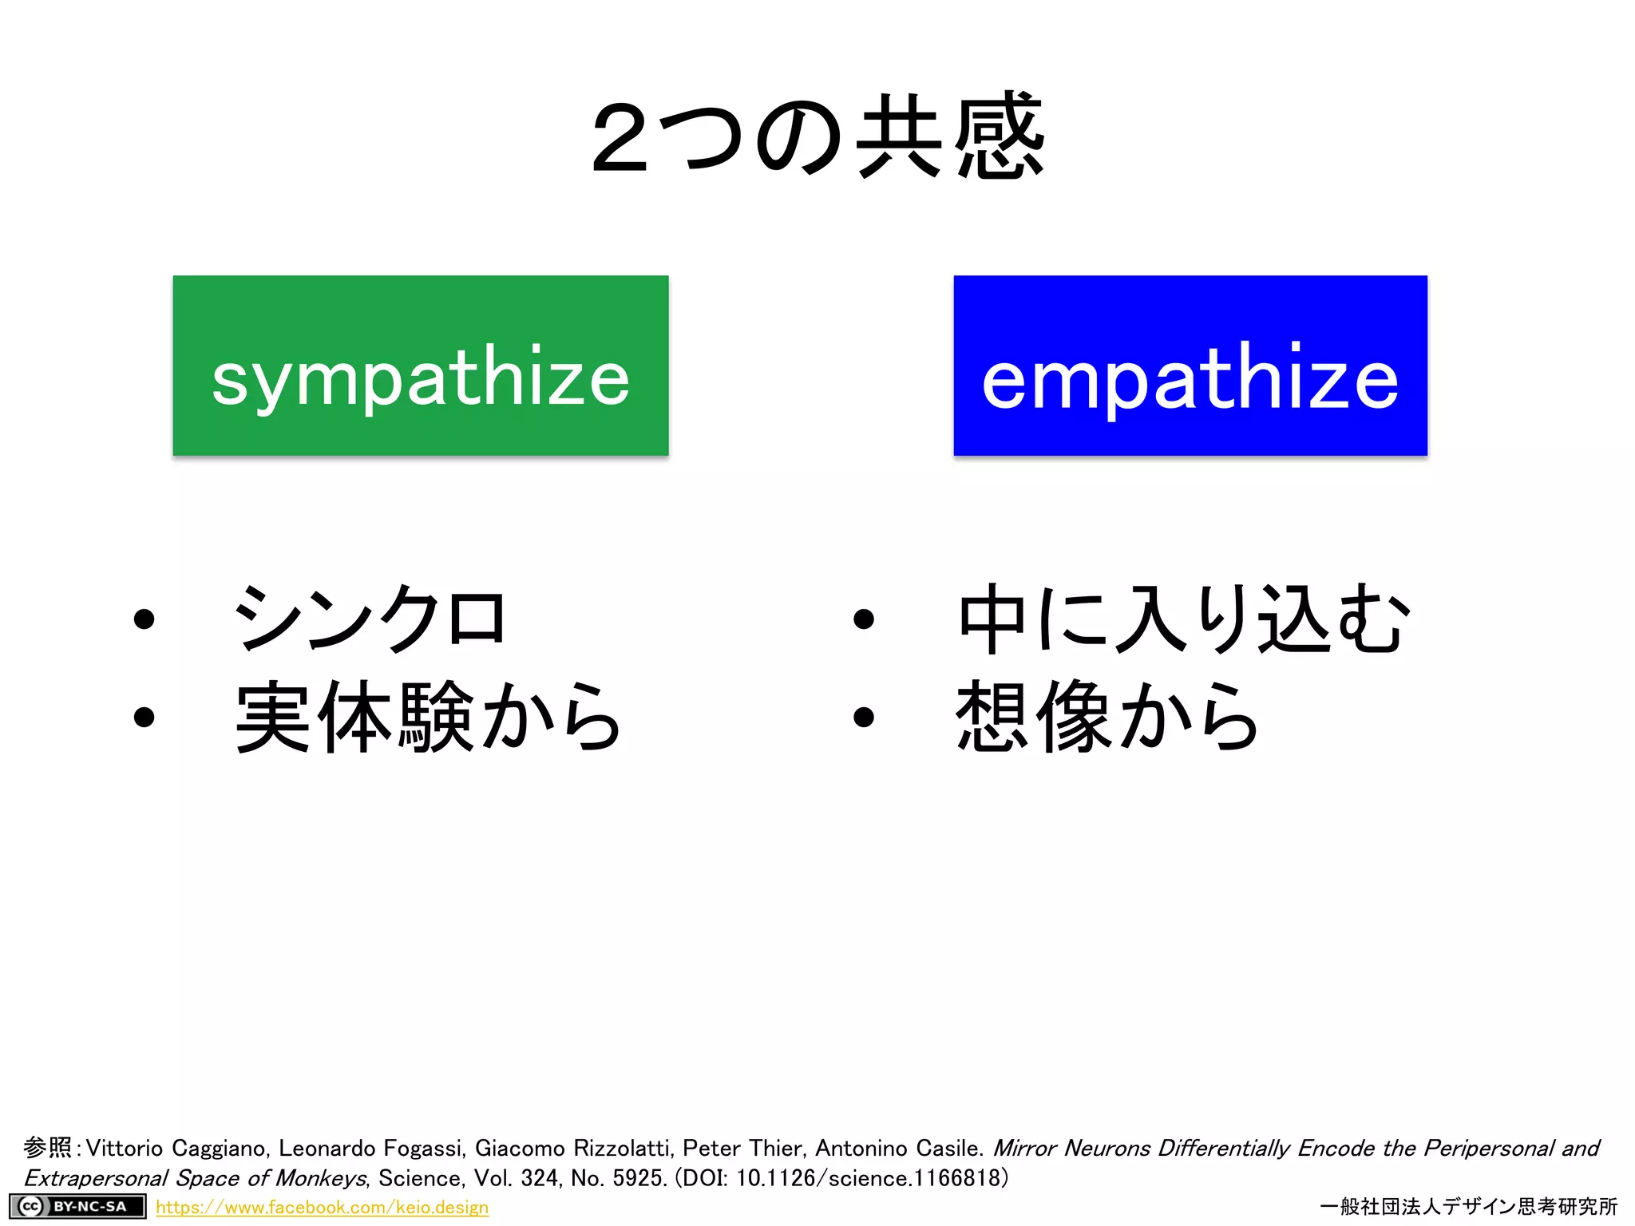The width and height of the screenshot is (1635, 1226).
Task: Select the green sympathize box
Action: pyautogui.click(x=421, y=366)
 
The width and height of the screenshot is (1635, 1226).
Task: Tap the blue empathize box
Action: pyautogui.click(x=1190, y=366)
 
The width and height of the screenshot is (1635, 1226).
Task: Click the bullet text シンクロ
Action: pyautogui.click(x=369, y=618)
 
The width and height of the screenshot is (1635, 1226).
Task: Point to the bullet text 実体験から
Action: pyautogui.click(x=428, y=717)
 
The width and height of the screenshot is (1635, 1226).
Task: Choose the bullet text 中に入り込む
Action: pyautogui.click(x=1183, y=618)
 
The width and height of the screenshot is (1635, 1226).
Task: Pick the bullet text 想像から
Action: pyautogui.click(x=1106, y=717)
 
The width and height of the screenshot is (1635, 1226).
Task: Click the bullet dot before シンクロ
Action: pyautogui.click(x=144, y=619)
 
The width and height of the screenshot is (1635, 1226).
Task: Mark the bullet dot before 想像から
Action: pyautogui.click(x=863, y=717)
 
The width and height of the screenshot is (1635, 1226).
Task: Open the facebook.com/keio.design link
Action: pyautogui.click(x=322, y=1208)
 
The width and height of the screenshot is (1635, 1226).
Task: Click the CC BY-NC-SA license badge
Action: pyautogui.click(x=77, y=1206)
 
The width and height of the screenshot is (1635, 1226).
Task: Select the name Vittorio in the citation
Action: pyautogui.click(x=124, y=1149)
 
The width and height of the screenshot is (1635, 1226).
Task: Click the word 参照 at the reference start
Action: pyautogui.click(x=47, y=1148)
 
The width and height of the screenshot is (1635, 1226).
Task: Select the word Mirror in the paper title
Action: pyautogui.click(x=1024, y=1149)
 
